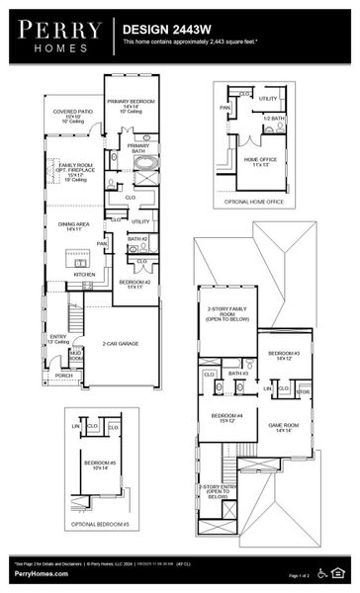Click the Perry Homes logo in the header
pos(55,35)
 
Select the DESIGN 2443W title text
pos(164,31)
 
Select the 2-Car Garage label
pos(120,343)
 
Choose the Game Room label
pos(285,426)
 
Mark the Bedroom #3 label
pos(284,355)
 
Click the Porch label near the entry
pos(63,376)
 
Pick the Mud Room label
pos(76,354)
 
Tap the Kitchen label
pos(70,274)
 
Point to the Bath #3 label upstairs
pos(237,374)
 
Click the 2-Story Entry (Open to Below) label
pos(217,490)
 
